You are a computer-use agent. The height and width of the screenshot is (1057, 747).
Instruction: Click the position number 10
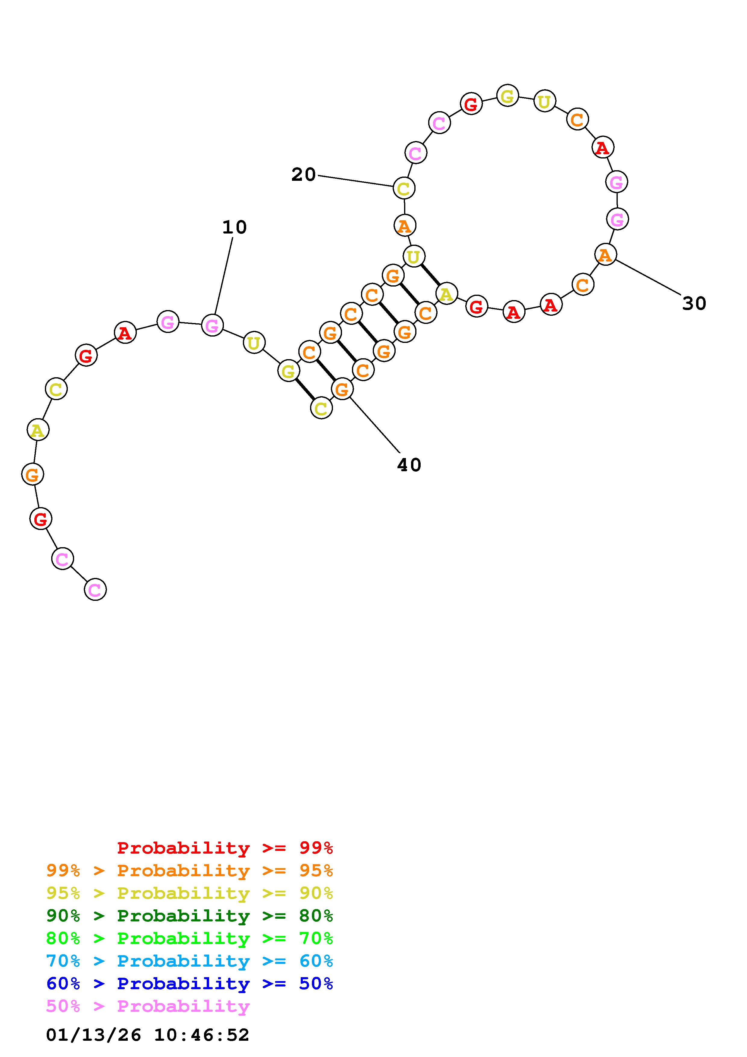point(234,227)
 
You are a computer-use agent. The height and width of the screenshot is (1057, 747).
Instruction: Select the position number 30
point(694,303)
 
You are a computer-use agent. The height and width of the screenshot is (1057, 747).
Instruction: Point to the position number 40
point(409,465)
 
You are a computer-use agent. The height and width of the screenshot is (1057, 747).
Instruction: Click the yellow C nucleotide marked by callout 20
point(404,188)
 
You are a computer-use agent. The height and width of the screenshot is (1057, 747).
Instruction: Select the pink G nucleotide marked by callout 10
point(212,325)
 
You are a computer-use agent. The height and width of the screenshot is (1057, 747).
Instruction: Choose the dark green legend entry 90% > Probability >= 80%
point(190,916)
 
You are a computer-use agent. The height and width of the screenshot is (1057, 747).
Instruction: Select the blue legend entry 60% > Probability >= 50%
point(190,983)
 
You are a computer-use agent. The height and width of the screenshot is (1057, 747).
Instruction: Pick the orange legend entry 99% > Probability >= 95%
point(190,870)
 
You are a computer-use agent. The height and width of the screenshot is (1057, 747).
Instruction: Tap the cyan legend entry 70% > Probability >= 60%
point(190,961)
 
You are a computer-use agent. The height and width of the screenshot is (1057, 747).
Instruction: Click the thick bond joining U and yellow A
point(430,274)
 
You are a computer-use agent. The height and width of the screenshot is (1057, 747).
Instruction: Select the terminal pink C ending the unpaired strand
point(95,589)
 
